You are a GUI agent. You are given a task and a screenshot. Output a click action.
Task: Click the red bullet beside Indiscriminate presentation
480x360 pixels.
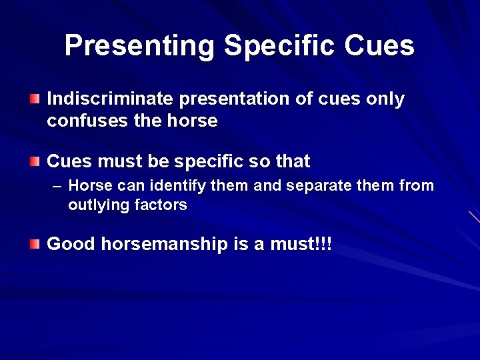35,99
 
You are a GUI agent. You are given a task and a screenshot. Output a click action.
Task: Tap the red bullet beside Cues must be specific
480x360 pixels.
35,161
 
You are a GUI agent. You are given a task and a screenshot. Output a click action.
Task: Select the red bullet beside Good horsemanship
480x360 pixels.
35,245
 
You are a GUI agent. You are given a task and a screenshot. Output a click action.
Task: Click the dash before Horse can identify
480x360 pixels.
57,186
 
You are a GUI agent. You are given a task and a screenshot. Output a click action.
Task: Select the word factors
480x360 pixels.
161,205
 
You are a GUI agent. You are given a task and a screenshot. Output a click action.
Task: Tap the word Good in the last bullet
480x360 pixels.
71,245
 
